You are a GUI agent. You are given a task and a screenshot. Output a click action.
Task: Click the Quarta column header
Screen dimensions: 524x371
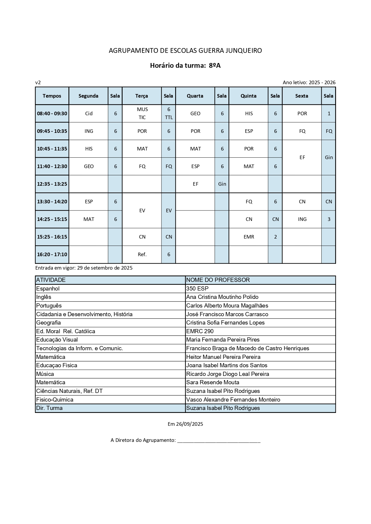coord(195,96)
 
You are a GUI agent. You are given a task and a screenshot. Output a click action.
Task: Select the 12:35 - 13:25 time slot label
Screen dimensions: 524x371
coord(52,184)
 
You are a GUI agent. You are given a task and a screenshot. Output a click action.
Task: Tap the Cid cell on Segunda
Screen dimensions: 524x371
coord(89,113)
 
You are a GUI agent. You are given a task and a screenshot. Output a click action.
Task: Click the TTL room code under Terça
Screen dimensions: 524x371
coord(169,117)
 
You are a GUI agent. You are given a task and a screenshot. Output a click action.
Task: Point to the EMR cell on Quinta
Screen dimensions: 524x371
coord(249,237)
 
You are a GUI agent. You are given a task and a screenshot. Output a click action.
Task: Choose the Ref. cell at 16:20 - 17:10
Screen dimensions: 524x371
coord(142,254)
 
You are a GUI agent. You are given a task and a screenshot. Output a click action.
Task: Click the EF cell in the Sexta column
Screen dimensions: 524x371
coord(302,157)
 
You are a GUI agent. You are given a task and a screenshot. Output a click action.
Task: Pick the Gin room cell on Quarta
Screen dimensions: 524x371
coord(222,184)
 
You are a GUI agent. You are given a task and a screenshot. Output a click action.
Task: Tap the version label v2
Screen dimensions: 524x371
coord(38,82)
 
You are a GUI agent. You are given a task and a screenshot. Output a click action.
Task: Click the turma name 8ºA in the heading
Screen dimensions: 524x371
coord(215,65)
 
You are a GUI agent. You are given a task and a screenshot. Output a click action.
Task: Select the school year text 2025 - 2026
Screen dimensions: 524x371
coord(322,82)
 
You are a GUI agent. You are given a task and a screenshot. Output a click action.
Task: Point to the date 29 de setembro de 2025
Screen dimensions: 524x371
coord(105,268)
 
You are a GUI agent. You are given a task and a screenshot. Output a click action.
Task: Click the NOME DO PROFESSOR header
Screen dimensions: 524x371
coord(218,280)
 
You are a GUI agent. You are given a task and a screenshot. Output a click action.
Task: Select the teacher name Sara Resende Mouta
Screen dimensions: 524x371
coord(213,382)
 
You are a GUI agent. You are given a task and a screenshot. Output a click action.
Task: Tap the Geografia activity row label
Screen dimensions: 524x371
coord(48,323)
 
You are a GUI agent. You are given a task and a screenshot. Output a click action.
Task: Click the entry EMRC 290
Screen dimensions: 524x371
coord(200,331)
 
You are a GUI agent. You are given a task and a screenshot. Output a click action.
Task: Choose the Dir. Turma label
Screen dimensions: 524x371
coord(49,408)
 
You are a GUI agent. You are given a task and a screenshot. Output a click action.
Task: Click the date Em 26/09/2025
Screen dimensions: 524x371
coord(185,424)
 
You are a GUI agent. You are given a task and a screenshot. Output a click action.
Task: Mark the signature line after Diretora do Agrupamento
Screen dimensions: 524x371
coord(219,441)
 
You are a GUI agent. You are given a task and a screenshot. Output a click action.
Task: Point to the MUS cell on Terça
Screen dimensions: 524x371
coord(142,109)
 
